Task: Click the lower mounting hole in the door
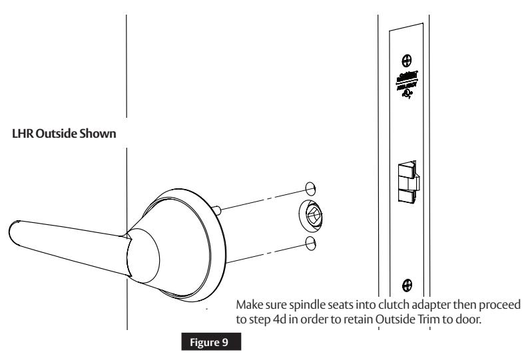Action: tap(309, 243)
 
